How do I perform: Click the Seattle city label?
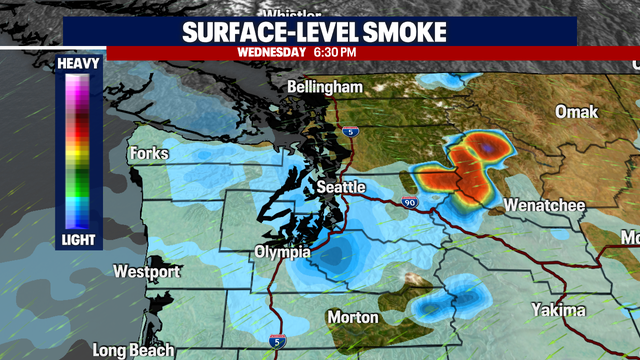(x=342, y=188)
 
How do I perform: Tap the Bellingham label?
(x=324, y=87)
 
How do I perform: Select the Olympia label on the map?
(x=277, y=252)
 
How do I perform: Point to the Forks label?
(x=149, y=154)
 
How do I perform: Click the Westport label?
(x=146, y=272)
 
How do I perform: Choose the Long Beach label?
(x=133, y=350)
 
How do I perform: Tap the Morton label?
(x=354, y=317)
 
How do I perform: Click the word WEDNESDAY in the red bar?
(x=271, y=51)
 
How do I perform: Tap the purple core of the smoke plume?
(x=485, y=148)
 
